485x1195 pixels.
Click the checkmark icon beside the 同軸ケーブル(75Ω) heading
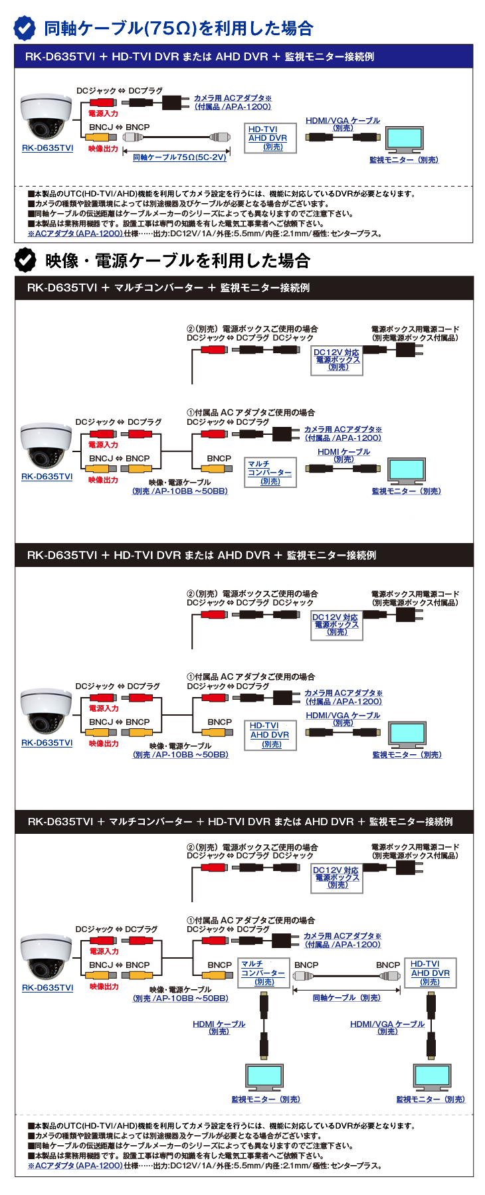point(25,28)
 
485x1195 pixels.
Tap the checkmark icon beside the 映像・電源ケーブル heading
point(25,260)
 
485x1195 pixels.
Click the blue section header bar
point(244,56)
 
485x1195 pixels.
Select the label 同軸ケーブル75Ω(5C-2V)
point(179,157)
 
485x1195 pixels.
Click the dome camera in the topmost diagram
point(46,117)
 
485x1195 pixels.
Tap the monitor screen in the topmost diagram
point(405,138)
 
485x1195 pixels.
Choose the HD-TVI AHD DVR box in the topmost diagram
point(269,138)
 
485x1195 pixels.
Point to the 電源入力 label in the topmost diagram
point(103,114)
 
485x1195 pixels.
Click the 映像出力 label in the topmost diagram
point(103,149)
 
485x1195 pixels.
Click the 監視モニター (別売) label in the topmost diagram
point(404,160)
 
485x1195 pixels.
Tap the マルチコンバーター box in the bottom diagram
point(264,973)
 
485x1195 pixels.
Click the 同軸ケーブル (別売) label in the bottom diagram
point(347,998)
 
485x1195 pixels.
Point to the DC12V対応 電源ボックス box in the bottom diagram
point(337,878)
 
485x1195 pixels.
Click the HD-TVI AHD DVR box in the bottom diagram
point(431,973)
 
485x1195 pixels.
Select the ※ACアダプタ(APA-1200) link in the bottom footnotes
point(75,1165)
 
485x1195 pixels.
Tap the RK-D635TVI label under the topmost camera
point(47,148)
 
